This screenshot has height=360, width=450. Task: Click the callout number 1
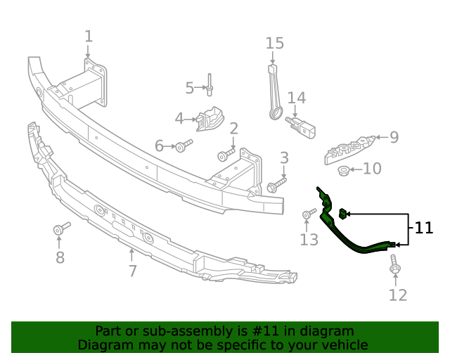tap(89, 36)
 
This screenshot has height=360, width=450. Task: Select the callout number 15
tap(274, 44)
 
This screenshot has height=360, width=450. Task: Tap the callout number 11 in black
tap(424, 228)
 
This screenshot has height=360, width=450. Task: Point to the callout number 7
tap(132, 271)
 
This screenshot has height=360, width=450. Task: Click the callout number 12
tap(398, 295)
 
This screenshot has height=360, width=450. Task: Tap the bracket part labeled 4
tap(209, 119)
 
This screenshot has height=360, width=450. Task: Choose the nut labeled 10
tap(343, 169)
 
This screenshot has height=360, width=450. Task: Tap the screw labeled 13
tap(309, 214)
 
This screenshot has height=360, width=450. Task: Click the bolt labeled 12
tap(394, 267)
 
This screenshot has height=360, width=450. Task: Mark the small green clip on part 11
tap(342, 213)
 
